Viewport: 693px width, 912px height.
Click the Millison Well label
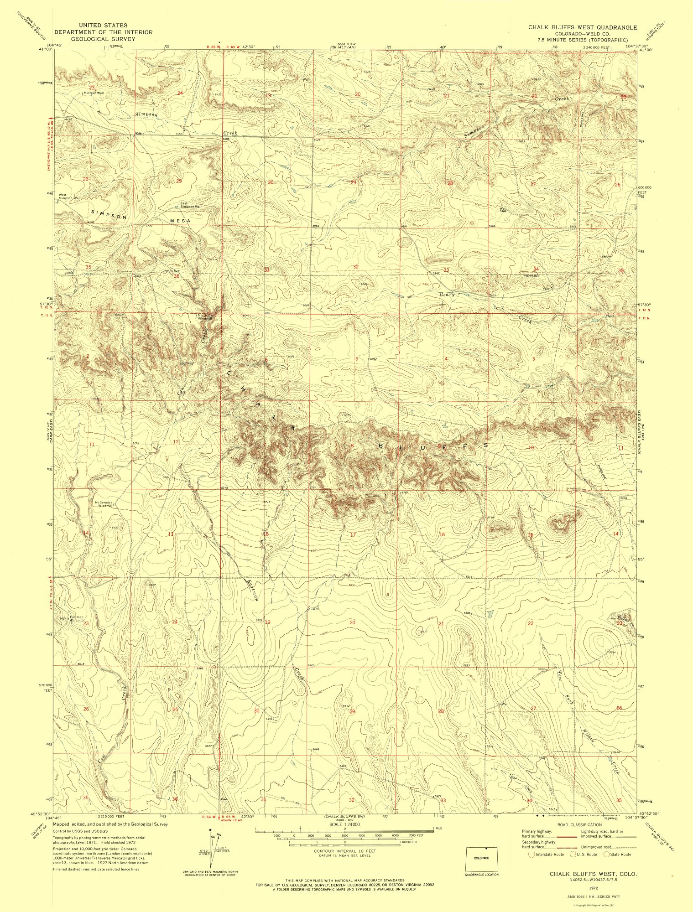click(94, 93)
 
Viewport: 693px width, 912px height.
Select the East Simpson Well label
click(191, 205)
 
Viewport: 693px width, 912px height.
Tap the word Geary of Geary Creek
click(447, 295)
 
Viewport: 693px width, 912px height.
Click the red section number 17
click(353, 534)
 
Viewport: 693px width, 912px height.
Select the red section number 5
click(357, 359)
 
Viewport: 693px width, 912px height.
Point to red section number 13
click(171, 534)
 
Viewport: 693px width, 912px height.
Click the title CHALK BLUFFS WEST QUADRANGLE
click(583, 27)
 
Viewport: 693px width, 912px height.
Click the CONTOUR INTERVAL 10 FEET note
click(344, 851)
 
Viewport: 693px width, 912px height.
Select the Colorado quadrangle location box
click(481, 858)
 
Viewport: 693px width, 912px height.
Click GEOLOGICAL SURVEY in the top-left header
click(103, 39)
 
